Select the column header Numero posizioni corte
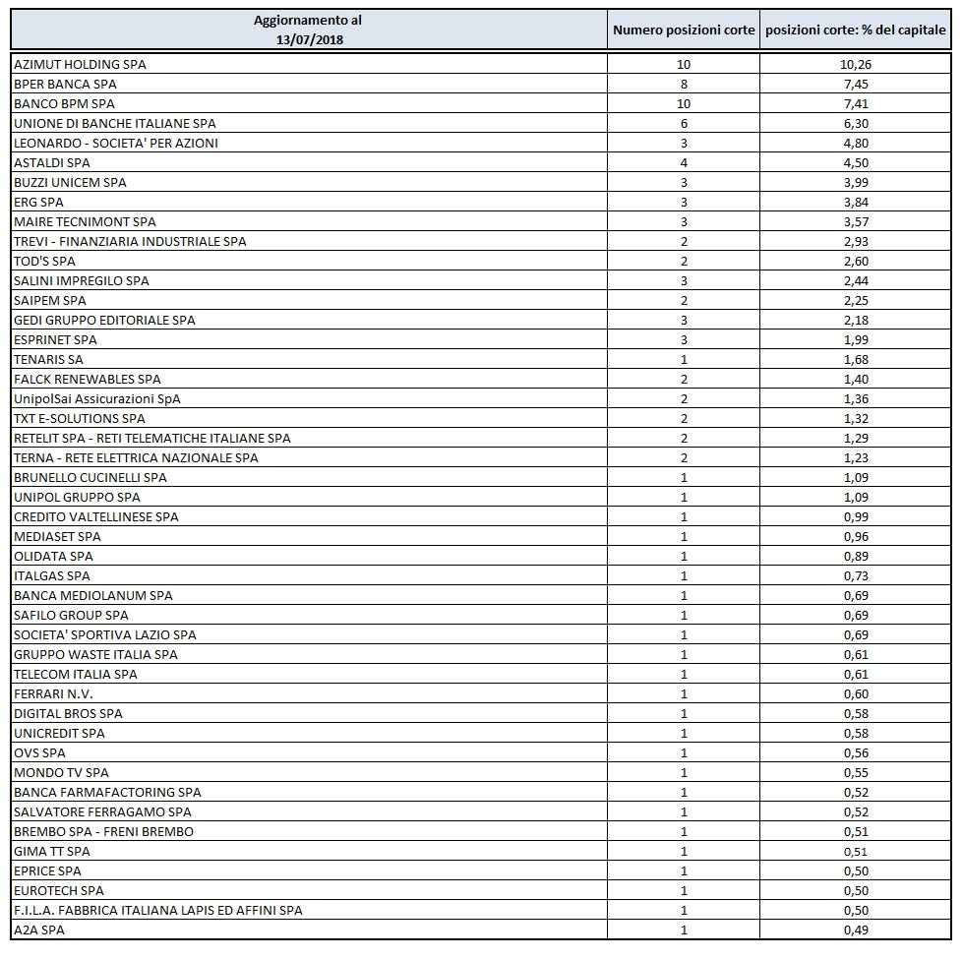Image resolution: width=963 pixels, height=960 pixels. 684,30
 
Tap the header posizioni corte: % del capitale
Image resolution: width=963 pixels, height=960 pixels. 856,30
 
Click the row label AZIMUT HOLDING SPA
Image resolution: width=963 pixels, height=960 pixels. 80,64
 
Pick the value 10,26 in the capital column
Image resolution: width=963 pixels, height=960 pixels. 856,64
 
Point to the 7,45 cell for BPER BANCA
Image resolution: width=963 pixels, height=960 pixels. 856,84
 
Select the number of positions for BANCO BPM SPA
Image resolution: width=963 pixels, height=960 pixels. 684,103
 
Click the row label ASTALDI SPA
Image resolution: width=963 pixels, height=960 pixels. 51,162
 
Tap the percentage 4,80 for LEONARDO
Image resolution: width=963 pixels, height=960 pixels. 856,143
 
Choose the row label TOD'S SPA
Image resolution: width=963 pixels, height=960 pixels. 44,261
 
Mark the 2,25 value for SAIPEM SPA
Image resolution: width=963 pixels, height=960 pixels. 856,300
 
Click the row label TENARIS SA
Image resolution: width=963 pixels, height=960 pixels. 48,359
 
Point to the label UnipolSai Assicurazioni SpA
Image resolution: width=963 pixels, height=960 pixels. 97,398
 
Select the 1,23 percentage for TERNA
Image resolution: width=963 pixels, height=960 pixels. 856,457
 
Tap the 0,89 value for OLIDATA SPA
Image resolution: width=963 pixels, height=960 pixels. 856,556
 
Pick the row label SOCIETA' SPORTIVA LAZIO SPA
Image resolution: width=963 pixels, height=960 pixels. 105,634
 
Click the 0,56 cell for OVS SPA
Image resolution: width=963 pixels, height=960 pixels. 856,752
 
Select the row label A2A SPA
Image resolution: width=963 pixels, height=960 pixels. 38,930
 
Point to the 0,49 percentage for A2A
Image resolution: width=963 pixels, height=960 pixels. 856,930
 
